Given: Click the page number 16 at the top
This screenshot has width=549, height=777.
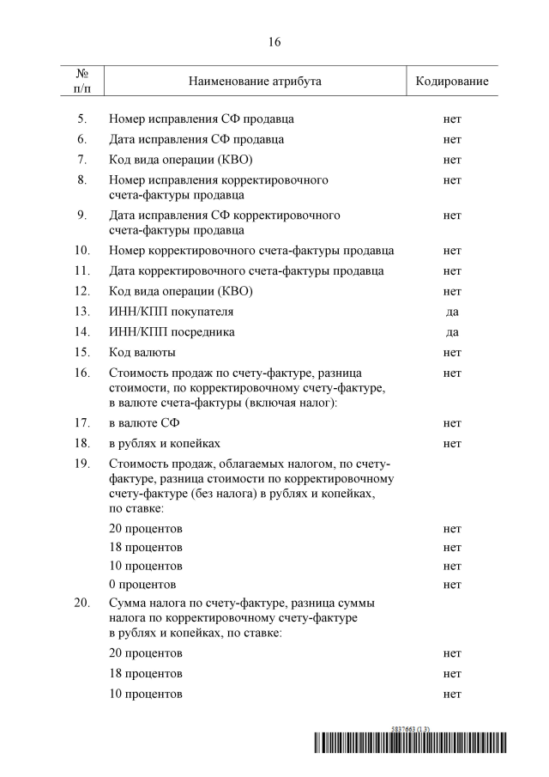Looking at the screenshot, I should click(274, 41).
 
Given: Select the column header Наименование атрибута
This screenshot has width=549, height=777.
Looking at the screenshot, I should click(255, 82).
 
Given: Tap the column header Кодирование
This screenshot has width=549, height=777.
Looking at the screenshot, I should click(452, 82).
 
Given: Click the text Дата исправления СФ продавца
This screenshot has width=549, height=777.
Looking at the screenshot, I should click(196, 139).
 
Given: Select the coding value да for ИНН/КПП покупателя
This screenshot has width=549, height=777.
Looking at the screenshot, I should click(452, 312).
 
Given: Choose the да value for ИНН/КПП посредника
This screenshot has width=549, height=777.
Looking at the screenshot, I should click(452, 332).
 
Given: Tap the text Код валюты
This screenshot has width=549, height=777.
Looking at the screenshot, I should click(142, 353).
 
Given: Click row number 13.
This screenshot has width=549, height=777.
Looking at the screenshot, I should click(82, 312).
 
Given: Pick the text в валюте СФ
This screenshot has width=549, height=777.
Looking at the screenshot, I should click(144, 423).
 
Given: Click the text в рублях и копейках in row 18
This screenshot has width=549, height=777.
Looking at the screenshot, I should click(165, 444).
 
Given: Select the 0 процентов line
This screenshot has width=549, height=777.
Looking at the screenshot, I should click(143, 586).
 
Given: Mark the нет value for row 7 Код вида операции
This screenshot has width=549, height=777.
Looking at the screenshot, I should click(452, 160).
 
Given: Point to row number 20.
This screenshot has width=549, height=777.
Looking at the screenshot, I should click(82, 604).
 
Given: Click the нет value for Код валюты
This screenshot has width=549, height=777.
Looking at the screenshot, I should click(452, 353).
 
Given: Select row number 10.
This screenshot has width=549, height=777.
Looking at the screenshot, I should click(82, 251).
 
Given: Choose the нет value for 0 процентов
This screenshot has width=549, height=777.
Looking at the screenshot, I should click(452, 586).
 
